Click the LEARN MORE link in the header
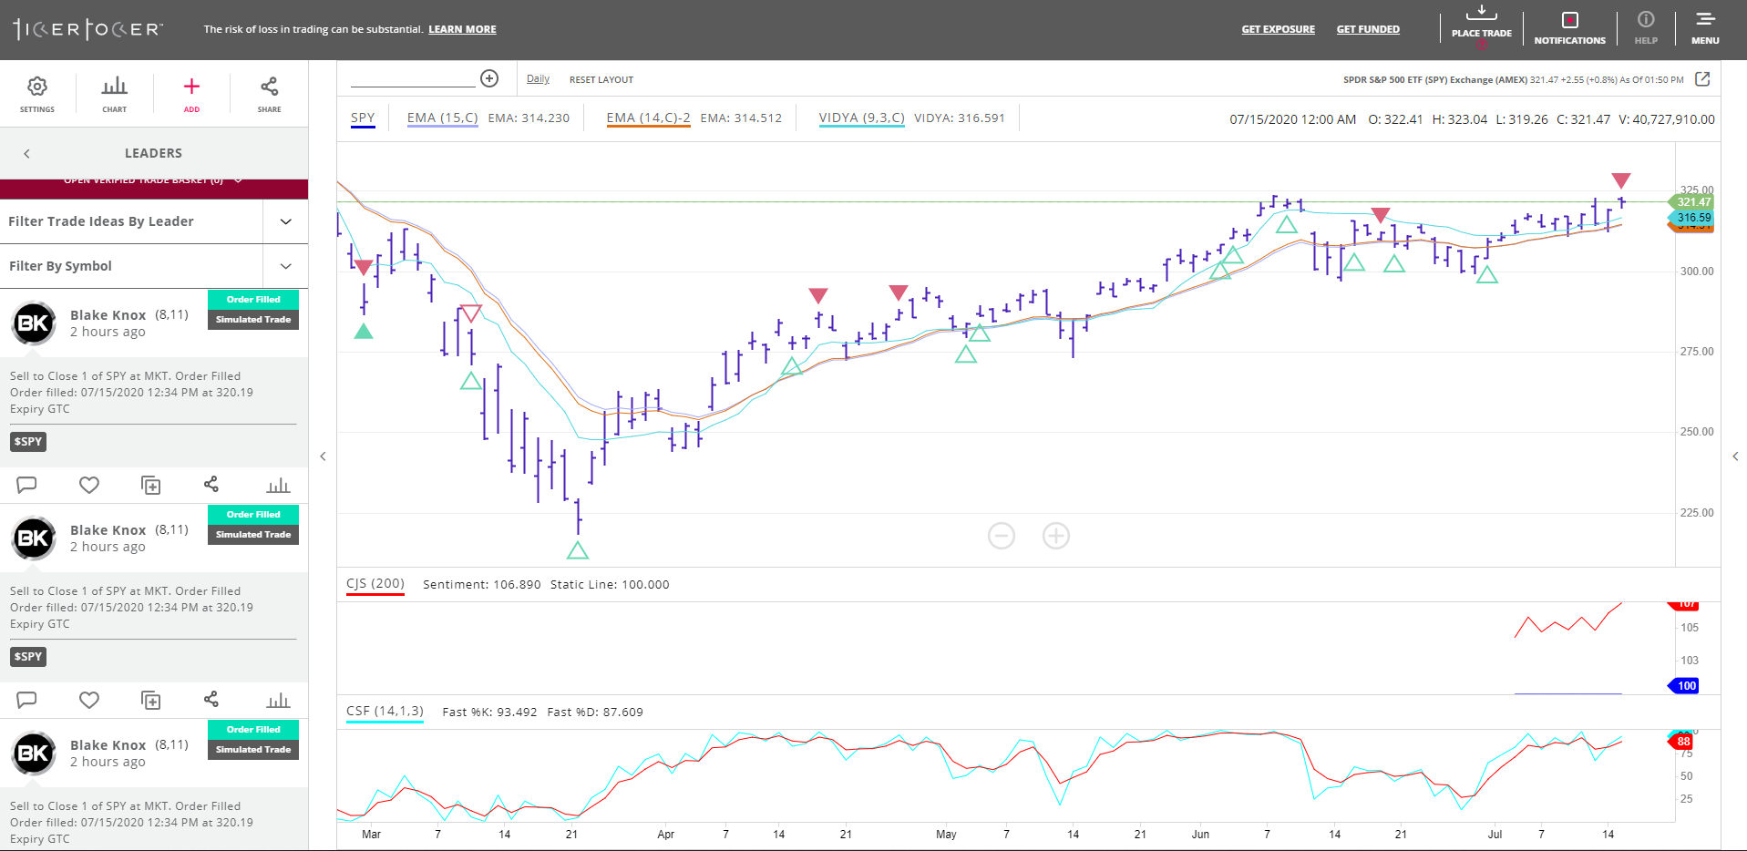(462, 29)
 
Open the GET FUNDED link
(1367, 29)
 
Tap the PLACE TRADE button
(1481, 24)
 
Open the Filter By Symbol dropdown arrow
(286, 266)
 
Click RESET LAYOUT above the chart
(601, 80)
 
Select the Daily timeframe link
(538, 79)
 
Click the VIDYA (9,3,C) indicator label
(861, 118)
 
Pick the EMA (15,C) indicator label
(442, 118)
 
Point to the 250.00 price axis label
(1696, 432)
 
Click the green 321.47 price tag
(1693, 202)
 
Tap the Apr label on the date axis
(665, 835)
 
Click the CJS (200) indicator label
(375, 584)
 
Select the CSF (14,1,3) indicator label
(385, 712)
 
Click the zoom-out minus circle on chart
(1001, 536)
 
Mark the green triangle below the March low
(578, 550)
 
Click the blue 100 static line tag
(1687, 686)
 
